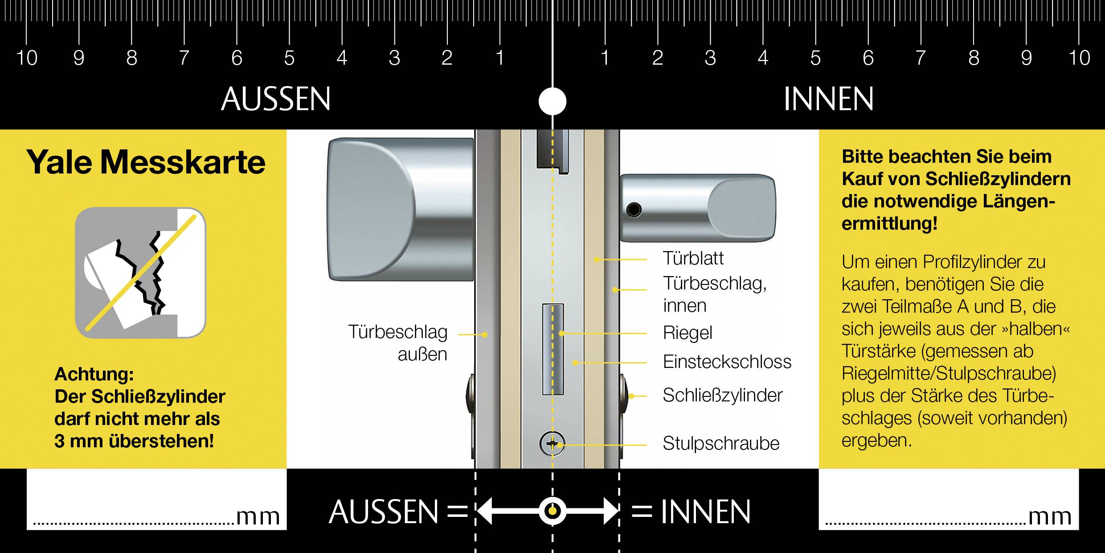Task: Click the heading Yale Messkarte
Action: (146, 162)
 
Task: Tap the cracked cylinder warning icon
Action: (140, 272)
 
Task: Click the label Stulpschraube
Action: (721, 444)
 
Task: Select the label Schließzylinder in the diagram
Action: (722, 396)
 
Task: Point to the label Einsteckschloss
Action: (727, 362)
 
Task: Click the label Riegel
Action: (688, 333)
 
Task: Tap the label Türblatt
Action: (693, 259)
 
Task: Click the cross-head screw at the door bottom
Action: (552, 444)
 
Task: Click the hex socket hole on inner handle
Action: (634, 209)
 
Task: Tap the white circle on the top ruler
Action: (552, 101)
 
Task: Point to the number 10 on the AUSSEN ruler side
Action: (27, 58)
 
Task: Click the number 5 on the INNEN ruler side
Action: (815, 58)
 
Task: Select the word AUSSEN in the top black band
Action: (276, 99)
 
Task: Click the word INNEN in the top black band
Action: (828, 99)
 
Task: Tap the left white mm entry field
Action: (156, 499)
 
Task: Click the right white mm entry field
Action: (948, 499)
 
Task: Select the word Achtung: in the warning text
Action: (94, 375)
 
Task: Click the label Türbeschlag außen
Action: (397, 343)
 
